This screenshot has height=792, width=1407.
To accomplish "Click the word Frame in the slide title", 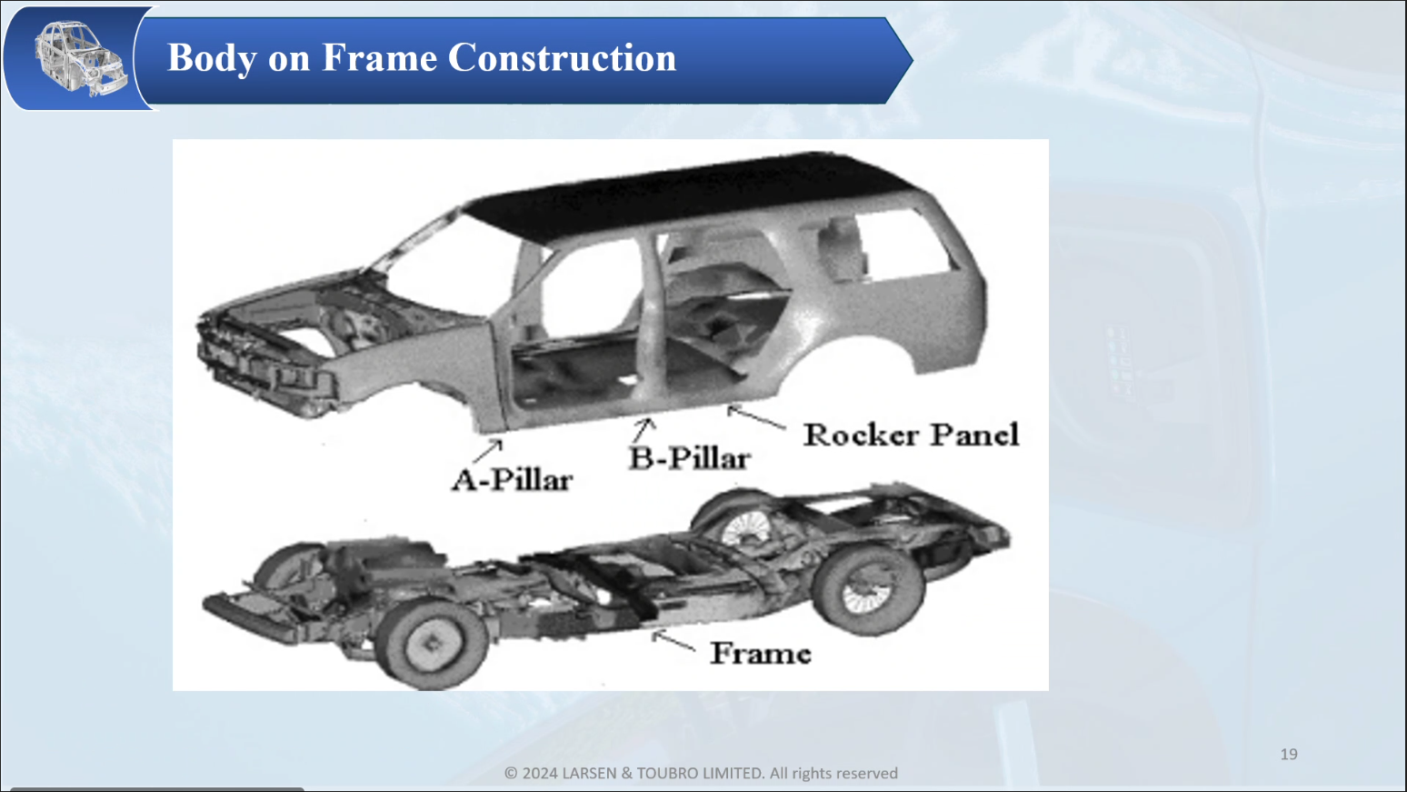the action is coord(379,58).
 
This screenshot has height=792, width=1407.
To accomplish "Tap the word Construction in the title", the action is coord(563,58).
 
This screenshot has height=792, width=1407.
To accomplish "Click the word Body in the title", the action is coord(213,58).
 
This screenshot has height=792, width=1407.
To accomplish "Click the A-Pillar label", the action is coord(512,481).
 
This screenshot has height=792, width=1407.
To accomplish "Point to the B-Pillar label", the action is coord(690,458).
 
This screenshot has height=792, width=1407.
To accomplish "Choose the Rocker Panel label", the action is coord(912,435).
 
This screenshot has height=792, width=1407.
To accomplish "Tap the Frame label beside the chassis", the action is coord(761,654).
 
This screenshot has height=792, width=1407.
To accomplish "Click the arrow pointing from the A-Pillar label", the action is coord(488,451).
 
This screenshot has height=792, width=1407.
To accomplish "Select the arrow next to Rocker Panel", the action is coord(756,417).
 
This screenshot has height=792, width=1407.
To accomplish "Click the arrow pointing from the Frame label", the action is coord(673,641).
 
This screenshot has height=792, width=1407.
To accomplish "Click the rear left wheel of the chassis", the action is coord(868,591).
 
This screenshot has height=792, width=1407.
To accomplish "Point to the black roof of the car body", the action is coord(691,194).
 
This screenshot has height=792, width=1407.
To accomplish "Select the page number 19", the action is coord(1289,755).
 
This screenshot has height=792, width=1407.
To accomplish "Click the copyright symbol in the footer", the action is coord(511,773).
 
